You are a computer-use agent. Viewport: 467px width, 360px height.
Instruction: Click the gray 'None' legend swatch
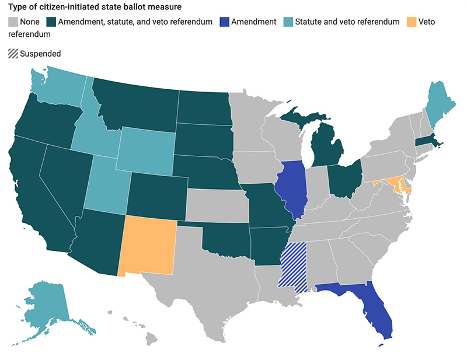coord(13,22)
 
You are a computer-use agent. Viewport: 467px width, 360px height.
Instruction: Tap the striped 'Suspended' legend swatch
coord(13,54)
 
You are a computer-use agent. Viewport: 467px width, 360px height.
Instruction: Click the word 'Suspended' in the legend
coord(40,54)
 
